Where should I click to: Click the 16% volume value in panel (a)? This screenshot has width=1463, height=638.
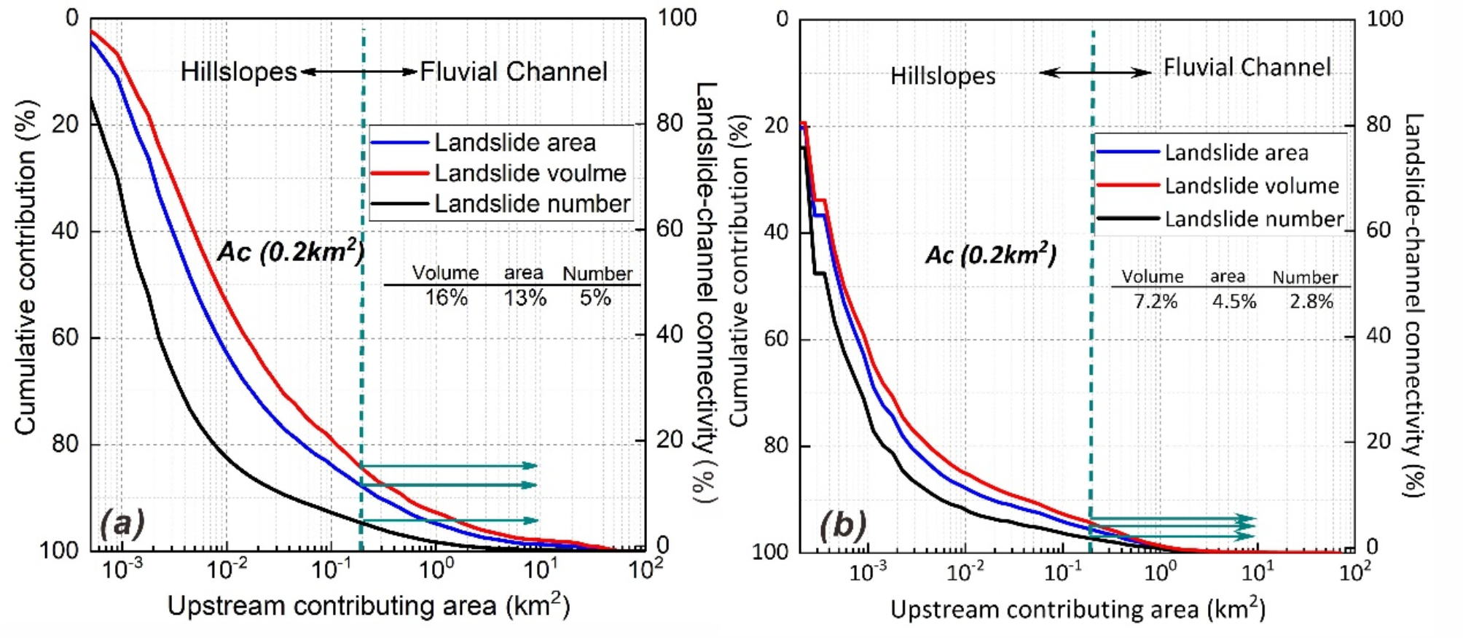(446, 298)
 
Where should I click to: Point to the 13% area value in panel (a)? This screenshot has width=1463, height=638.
(525, 298)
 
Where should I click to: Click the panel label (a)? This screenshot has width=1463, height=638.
(122, 523)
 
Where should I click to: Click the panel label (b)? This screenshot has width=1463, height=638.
(843, 524)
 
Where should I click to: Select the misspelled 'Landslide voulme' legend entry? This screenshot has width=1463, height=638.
(530, 174)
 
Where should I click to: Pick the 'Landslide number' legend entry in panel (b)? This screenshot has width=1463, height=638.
(1253, 219)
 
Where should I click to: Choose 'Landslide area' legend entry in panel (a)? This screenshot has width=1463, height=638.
(514, 143)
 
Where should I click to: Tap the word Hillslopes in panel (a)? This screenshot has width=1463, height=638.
(238, 72)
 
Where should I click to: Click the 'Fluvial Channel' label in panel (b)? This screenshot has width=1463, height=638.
(1247, 68)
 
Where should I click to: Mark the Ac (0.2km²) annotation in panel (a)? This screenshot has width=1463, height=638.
(291, 252)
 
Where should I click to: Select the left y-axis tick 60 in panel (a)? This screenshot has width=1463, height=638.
(65, 338)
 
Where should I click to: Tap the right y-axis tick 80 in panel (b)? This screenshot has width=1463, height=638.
(1378, 124)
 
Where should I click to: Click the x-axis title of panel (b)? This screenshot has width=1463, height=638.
(1077, 609)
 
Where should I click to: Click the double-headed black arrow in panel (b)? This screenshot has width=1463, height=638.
(1094, 72)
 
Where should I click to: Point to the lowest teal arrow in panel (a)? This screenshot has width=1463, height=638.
(450, 521)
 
